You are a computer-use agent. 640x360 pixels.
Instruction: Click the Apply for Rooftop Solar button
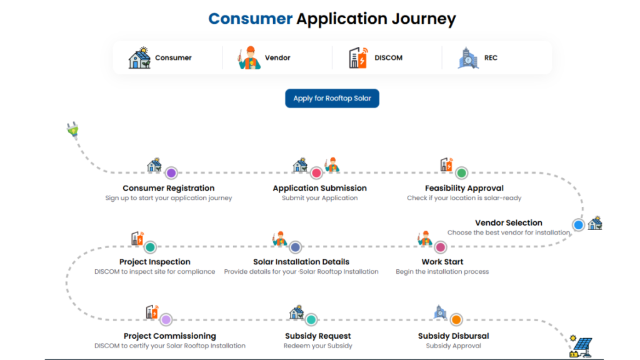tap(332, 98)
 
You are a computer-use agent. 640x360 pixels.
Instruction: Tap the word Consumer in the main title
tap(250, 19)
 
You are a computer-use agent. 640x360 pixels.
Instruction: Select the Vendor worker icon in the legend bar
tap(249, 57)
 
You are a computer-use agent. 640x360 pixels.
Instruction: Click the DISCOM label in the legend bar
tap(388, 58)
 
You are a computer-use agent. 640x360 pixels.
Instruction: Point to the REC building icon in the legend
tap(468, 57)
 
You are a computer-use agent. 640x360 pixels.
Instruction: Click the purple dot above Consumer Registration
tap(171, 173)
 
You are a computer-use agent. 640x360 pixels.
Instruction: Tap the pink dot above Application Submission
tap(316, 173)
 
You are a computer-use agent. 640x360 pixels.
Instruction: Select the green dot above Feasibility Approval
tap(462, 173)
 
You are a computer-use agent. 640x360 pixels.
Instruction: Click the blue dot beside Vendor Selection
tap(578, 224)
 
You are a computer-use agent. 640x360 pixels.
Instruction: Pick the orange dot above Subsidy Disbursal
tap(456, 319)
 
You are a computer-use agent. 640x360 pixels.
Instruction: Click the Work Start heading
tap(442, 262)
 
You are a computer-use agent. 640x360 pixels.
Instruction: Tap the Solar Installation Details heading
tap(301, 262)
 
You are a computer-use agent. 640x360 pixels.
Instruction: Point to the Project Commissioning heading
tap(170, 336)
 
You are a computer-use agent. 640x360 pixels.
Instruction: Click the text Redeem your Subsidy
tap(318, 346)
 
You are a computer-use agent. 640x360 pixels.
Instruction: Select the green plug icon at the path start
tap(73, 130)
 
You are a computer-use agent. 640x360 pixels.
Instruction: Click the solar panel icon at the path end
tap(581, 347)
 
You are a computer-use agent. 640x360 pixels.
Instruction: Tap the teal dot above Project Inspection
tap(150, 247)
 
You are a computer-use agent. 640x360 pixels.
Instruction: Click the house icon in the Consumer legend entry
tap(139, 57)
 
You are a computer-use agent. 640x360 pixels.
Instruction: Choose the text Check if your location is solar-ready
tap(464, 198)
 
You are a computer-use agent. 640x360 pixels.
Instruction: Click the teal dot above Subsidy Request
tap(311, 319)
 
